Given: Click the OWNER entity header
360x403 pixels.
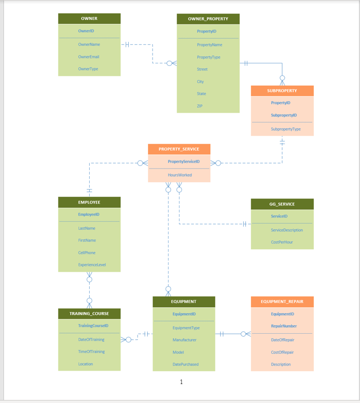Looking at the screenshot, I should (89, 18).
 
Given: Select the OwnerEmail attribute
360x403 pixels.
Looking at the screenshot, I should (89, 57).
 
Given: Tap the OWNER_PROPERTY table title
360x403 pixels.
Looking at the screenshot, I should (208, 19).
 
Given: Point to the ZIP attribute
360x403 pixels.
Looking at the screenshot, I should (199, 106).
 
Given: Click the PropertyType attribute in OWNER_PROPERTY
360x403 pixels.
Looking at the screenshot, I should (208, 57).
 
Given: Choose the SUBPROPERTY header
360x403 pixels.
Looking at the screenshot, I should (282, 91).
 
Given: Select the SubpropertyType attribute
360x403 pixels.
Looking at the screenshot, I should (286, 129).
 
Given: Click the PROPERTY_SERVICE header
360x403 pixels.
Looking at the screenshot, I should (179, 149).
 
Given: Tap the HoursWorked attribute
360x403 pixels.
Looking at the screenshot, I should (180, 175).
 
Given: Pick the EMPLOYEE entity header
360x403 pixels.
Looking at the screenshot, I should (89, 202).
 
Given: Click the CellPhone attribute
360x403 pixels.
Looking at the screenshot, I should (87, 253).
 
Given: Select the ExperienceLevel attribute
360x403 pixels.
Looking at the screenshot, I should (92, 265).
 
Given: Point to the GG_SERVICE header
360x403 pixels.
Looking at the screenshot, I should (282, 204).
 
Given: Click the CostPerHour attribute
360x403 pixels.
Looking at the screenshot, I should (283, 242).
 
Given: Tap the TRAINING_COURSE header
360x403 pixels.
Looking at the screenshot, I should (89, 314).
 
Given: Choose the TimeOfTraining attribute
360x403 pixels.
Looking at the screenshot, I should (91, 352).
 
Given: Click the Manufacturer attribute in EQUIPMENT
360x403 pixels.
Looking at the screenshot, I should (184, 340).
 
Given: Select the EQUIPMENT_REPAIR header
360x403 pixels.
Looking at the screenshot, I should (282, 302).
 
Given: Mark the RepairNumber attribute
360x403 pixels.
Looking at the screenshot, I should (284, 326).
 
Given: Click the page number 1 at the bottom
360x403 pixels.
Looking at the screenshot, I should (181, 382).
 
